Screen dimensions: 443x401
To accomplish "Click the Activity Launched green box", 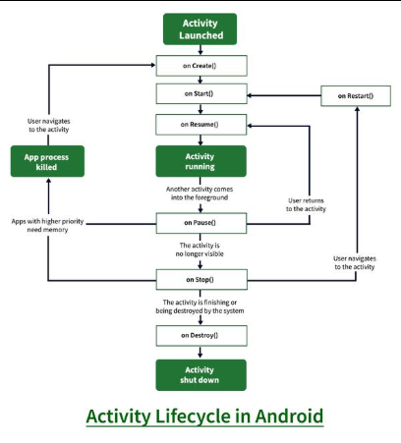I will tap(200, 28).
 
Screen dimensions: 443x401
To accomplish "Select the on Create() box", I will tap(200, 65).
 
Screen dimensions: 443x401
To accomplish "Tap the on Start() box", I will tap(200, 94).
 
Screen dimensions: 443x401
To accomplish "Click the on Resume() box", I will tap(200, 125).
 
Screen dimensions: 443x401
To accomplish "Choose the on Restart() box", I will tap(356, 95).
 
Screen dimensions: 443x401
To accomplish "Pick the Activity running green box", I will tap(200, 161).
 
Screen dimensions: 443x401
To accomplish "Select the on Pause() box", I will tap(200, 223).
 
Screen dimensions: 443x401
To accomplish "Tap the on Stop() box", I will tap(200, 281).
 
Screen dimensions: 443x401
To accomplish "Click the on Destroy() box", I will tap(200, 336).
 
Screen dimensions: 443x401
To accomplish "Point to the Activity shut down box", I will tap(200, 375).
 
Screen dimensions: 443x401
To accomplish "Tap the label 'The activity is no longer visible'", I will tap(200, 251).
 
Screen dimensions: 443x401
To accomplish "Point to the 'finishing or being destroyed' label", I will tap(200, 307).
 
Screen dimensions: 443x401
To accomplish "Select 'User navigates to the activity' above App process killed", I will tap(49, 127).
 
